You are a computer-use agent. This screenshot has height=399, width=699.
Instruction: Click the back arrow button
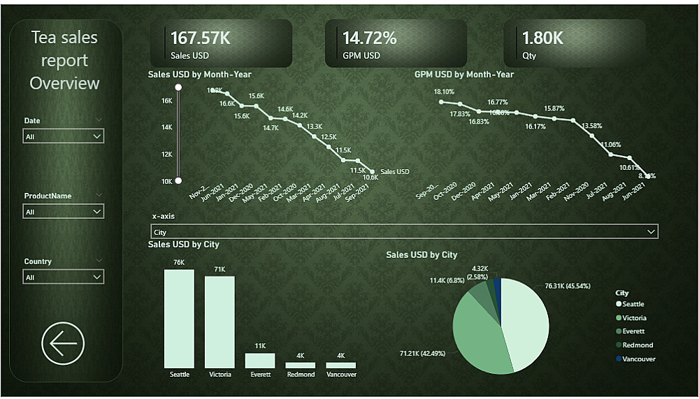point(63,343)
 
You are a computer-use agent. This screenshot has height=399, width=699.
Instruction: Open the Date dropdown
point(64,137)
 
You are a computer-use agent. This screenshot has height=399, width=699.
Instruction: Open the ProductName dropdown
point(64,211)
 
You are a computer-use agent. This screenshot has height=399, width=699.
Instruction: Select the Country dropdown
point(64,277)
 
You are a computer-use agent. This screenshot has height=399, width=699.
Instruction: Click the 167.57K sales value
point(201,38)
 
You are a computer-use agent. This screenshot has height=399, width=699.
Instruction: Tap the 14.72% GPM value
point(370,38)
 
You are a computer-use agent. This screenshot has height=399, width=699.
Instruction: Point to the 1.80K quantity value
point(542,38)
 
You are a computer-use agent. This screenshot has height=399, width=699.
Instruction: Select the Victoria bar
point(219,321)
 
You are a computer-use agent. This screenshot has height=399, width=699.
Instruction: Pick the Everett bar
point(260,361)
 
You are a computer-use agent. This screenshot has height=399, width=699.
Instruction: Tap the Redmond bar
point(301,365)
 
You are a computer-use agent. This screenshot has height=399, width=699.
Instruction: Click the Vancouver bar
point(340,365)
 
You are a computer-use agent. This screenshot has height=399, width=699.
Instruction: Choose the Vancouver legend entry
point(638,359)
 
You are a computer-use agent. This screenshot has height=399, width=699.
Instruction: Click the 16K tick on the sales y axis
point(167,101)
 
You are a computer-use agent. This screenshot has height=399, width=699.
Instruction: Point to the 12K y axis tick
point(167,154)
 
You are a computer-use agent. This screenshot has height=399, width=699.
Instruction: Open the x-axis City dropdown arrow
point(651,232)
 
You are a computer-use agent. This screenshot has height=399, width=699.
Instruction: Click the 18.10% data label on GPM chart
point(444,92)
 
